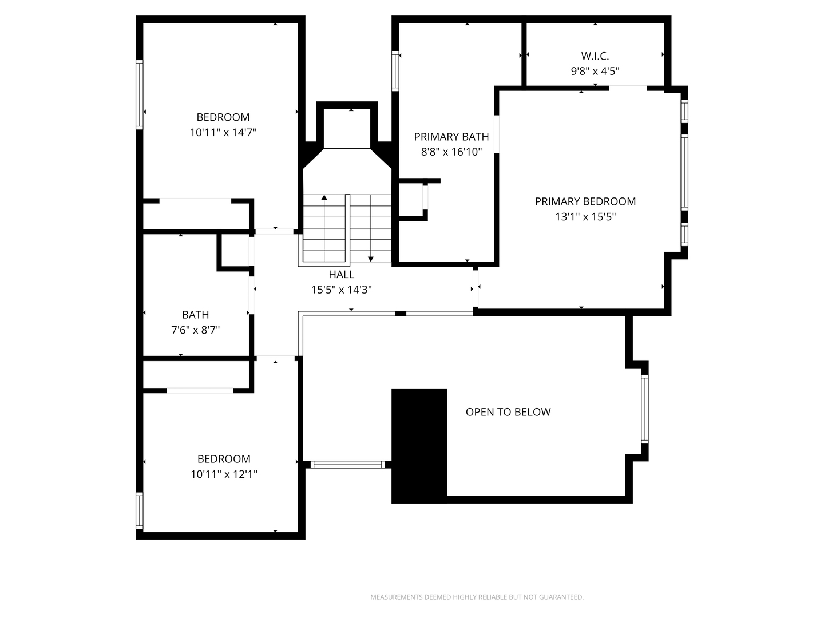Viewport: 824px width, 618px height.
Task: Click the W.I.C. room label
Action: [x=595, y=56]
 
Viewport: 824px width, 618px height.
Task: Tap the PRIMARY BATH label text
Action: [x=451, y=137]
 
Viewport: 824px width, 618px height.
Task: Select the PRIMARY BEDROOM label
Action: [x=585, y=201]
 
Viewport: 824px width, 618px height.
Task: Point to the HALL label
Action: [x=341, y=275]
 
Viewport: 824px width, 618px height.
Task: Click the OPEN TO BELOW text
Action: [x=508, y=412]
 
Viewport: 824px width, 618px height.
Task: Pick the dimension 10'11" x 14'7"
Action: [x=223, y=132]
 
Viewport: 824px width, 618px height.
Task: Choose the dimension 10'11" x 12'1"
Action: [x=224, y=474]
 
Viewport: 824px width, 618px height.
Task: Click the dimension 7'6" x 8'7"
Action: [x=195, y=330]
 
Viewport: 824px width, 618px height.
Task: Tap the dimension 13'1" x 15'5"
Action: [x=585, y=217]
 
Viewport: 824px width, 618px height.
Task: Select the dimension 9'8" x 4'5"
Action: [x=595, y=72]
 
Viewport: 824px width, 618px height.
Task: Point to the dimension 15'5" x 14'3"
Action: [x=341, y=290]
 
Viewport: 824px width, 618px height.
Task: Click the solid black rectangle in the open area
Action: [x=419, y=445]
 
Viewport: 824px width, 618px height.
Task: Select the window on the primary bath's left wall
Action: [x=395, y=71]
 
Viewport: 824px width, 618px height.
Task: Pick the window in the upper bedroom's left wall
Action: [x=139, y=94]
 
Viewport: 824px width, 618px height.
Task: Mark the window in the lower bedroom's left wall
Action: [x=139, y=510]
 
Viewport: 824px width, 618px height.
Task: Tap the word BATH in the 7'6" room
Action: [x=195, y=315]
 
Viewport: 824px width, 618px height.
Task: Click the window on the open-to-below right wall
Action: [x=644, y=409]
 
